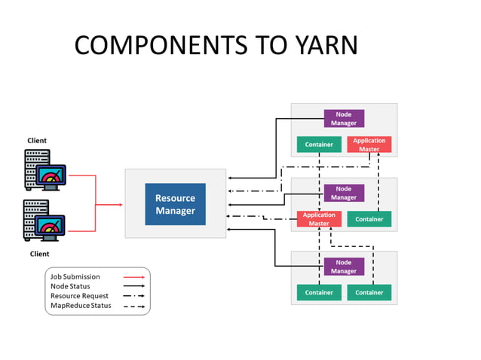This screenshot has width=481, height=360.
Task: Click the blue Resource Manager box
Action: [175, 204]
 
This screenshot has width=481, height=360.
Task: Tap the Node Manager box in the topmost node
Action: [344, 118]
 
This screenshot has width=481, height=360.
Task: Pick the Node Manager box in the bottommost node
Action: [344, 267]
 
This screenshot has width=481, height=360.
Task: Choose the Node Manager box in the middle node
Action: [344, 193]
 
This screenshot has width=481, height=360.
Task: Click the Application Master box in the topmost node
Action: [369, 145]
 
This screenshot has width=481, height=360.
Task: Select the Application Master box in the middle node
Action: [319, 219]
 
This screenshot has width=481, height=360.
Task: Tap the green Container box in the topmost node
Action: [319, 145]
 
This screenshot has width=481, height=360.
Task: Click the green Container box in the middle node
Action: [369, 219]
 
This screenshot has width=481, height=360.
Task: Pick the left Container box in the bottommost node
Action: [319, 292]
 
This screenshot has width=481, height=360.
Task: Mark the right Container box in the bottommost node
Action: [369, 292]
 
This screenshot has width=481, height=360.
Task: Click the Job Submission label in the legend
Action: [75, 276]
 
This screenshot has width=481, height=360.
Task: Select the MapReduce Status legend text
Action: [81, 306]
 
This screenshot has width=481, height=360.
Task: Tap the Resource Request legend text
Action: [79, 296]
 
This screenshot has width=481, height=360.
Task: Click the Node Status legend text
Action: [70, 286]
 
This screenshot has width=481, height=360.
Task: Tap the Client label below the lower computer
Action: [39, 254]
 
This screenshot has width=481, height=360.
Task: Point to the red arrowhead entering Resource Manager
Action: [121, 204]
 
